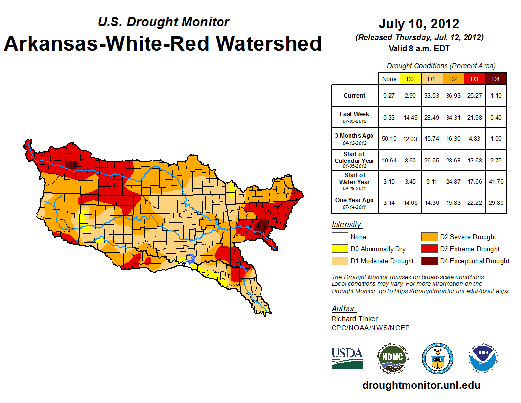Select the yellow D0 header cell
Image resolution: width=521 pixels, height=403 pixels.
(410, 79)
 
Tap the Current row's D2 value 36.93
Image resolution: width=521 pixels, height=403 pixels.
(453, 96)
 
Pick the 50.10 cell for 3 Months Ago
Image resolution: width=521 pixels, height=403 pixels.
(389, 138)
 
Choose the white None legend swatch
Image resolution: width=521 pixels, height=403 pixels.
(340, 237)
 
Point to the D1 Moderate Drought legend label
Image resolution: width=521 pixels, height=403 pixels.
(382, 261)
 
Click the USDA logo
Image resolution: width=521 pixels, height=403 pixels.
(347, 358)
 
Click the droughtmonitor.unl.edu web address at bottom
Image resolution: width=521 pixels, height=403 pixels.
(421, 385)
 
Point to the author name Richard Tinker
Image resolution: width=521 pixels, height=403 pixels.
(355, 319)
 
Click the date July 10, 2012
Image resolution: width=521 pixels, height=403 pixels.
(419, 24)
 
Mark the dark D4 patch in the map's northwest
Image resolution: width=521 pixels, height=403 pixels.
(73, 164)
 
